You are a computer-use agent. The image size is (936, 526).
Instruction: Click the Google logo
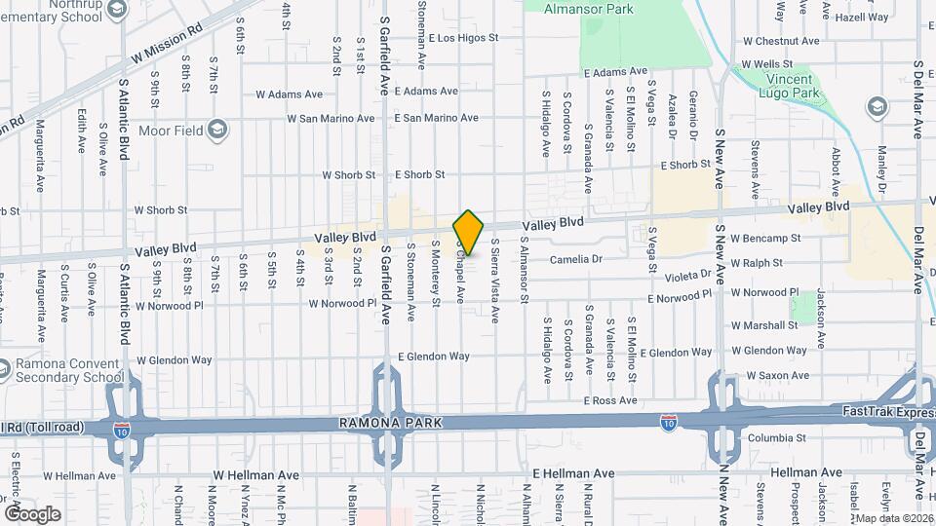click(x=32, y=512)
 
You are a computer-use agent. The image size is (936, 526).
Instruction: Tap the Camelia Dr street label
click(x=576, y=259)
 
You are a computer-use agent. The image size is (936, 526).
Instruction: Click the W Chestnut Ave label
click(x=781, y=41)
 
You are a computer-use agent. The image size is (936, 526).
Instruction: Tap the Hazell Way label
click(x=862, y=17)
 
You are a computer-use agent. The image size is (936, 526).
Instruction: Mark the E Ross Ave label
click(x=609, y=400)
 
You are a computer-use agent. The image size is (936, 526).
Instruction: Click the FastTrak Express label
click(x=886, y=413)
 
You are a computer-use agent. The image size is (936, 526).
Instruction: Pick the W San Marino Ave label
click(x=331, y=118)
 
